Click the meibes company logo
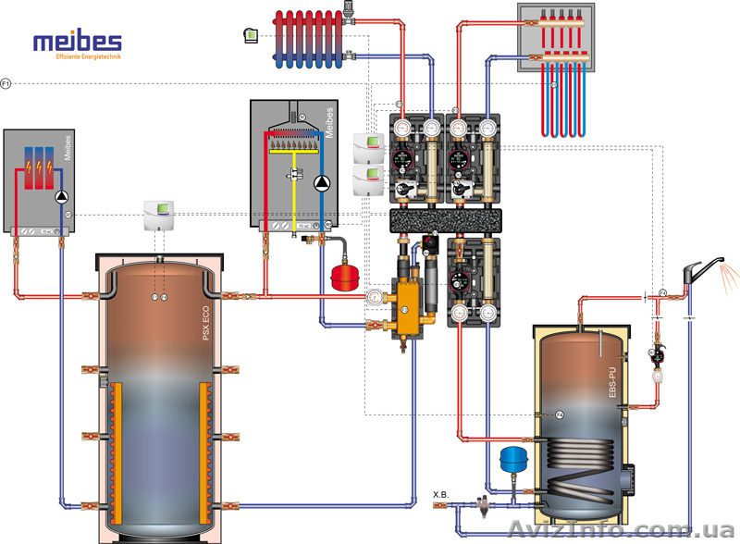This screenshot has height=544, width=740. point(77,44)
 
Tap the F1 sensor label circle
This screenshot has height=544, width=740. point(6,84)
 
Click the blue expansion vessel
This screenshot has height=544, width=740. point(512,458)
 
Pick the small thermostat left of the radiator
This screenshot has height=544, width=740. point(248,35)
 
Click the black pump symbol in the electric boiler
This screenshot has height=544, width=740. point(62,196)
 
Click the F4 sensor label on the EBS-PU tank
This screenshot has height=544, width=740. point(559,414)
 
